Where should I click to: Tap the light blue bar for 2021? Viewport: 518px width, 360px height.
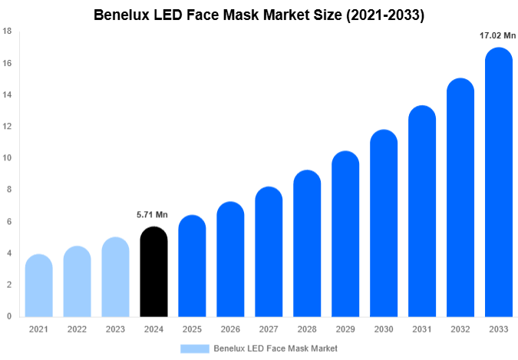coord(38,286)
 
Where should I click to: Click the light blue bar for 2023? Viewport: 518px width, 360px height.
coord(115,277)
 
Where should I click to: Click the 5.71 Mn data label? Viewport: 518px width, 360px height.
coord(153,214)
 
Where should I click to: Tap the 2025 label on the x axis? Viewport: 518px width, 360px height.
coord(192,329)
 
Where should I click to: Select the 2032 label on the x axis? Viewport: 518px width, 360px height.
coord(460,329)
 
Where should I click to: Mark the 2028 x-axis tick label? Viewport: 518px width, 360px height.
coord(307,329)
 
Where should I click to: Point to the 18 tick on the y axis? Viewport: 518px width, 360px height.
coord(7,31)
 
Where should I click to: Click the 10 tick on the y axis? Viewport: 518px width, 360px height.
coord(7,158)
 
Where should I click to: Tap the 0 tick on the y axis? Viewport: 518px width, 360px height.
coord(9,316)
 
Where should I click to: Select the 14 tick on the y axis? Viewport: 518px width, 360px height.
coord(7,95)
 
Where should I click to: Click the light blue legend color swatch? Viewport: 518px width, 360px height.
coord(195,348)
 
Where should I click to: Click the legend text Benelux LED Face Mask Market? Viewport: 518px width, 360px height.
coord(275,348)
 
